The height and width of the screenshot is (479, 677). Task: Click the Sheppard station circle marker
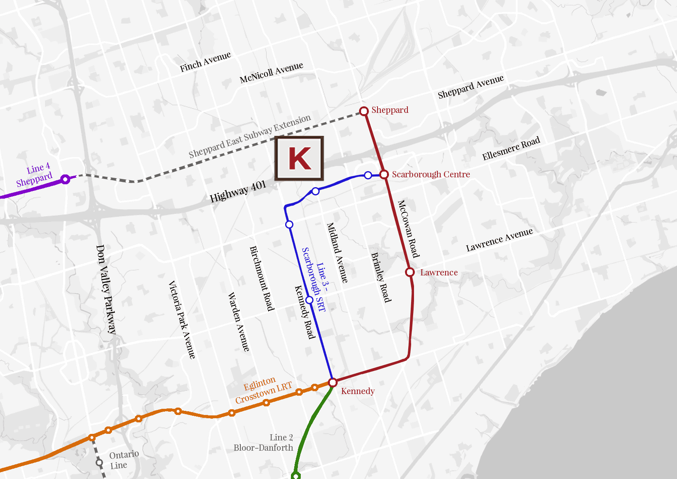click(364, 111)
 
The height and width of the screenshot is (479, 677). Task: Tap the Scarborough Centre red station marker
click(384, 174)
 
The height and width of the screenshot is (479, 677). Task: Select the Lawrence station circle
click(410, 272)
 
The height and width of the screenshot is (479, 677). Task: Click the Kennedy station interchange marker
click(333, 383)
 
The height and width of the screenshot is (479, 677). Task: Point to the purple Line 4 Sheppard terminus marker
click(65, 179)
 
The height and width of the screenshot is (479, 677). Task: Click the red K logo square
click(300, 158)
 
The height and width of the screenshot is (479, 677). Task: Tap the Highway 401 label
click(238, 192)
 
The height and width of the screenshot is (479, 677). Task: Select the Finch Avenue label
click(205, 62)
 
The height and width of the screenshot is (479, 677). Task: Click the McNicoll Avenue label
click(271, 72)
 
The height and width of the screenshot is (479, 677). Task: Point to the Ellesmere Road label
click(511, 149)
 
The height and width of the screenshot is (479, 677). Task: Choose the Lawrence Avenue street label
click(499, 240)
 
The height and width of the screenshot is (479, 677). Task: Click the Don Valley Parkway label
click(106, 289)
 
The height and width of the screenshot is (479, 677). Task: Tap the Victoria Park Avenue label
click(182, 320)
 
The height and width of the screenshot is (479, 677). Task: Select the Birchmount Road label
click(262, 278)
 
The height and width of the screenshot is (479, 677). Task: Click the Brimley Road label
click(381, 277)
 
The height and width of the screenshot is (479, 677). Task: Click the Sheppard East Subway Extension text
click(249, 136)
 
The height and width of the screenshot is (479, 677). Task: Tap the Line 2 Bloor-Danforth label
click(264, 442)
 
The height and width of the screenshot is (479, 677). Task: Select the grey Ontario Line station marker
click(99, 463)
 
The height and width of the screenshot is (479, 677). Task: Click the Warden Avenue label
click(238, 322)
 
